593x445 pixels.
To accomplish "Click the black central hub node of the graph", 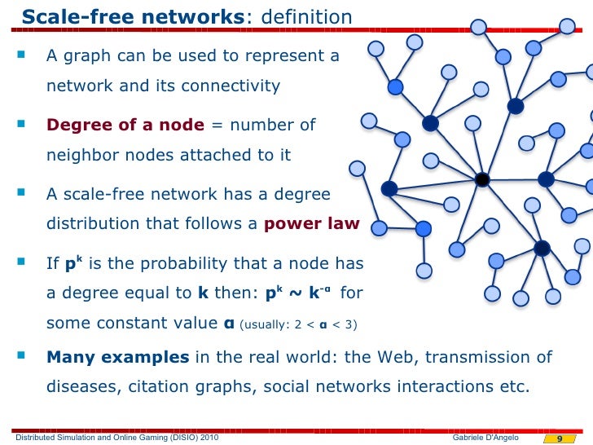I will pyautogui.click(x=482, y=179).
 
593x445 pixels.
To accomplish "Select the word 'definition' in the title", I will pyautogui.click(x=305, y=16).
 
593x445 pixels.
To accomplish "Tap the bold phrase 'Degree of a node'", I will pyautogui.click(x=125, y=125).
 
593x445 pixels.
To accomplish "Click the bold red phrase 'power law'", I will pyautogui.click(x=312, y=225).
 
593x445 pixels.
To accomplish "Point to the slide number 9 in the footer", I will pyautogui.click(x=560, y=438).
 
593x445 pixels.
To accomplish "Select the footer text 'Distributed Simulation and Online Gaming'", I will pyautogui.click(x=90, y=438).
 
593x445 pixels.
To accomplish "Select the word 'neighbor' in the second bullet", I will pyautogui.click(x=78, y=155).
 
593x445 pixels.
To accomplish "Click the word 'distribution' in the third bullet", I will pyautogui.click(x=93, y=225).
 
